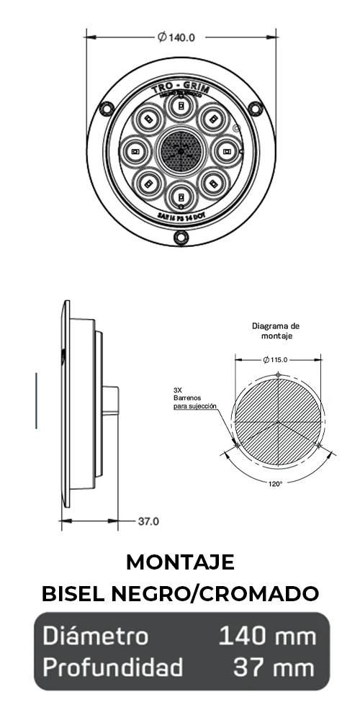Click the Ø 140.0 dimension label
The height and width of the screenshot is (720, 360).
tap(181, 37)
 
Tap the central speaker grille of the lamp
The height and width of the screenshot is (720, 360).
tap(181, 150)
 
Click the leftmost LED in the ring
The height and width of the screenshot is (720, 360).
tap(135, 151)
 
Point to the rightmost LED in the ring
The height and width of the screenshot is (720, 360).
tap(226, 151)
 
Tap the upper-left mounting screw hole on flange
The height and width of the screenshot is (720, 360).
tap(106, 109)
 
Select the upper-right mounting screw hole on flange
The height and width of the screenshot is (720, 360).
tap(256, 109)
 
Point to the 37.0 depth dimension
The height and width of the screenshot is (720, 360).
tap(148, 521)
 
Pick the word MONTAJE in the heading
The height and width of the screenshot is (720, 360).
tap(180, 562)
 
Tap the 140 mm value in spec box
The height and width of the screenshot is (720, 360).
tap(267, 636)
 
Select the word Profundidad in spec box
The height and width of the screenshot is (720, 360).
tap(112, 667)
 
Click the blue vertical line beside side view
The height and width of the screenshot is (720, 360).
tap(36, 400)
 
